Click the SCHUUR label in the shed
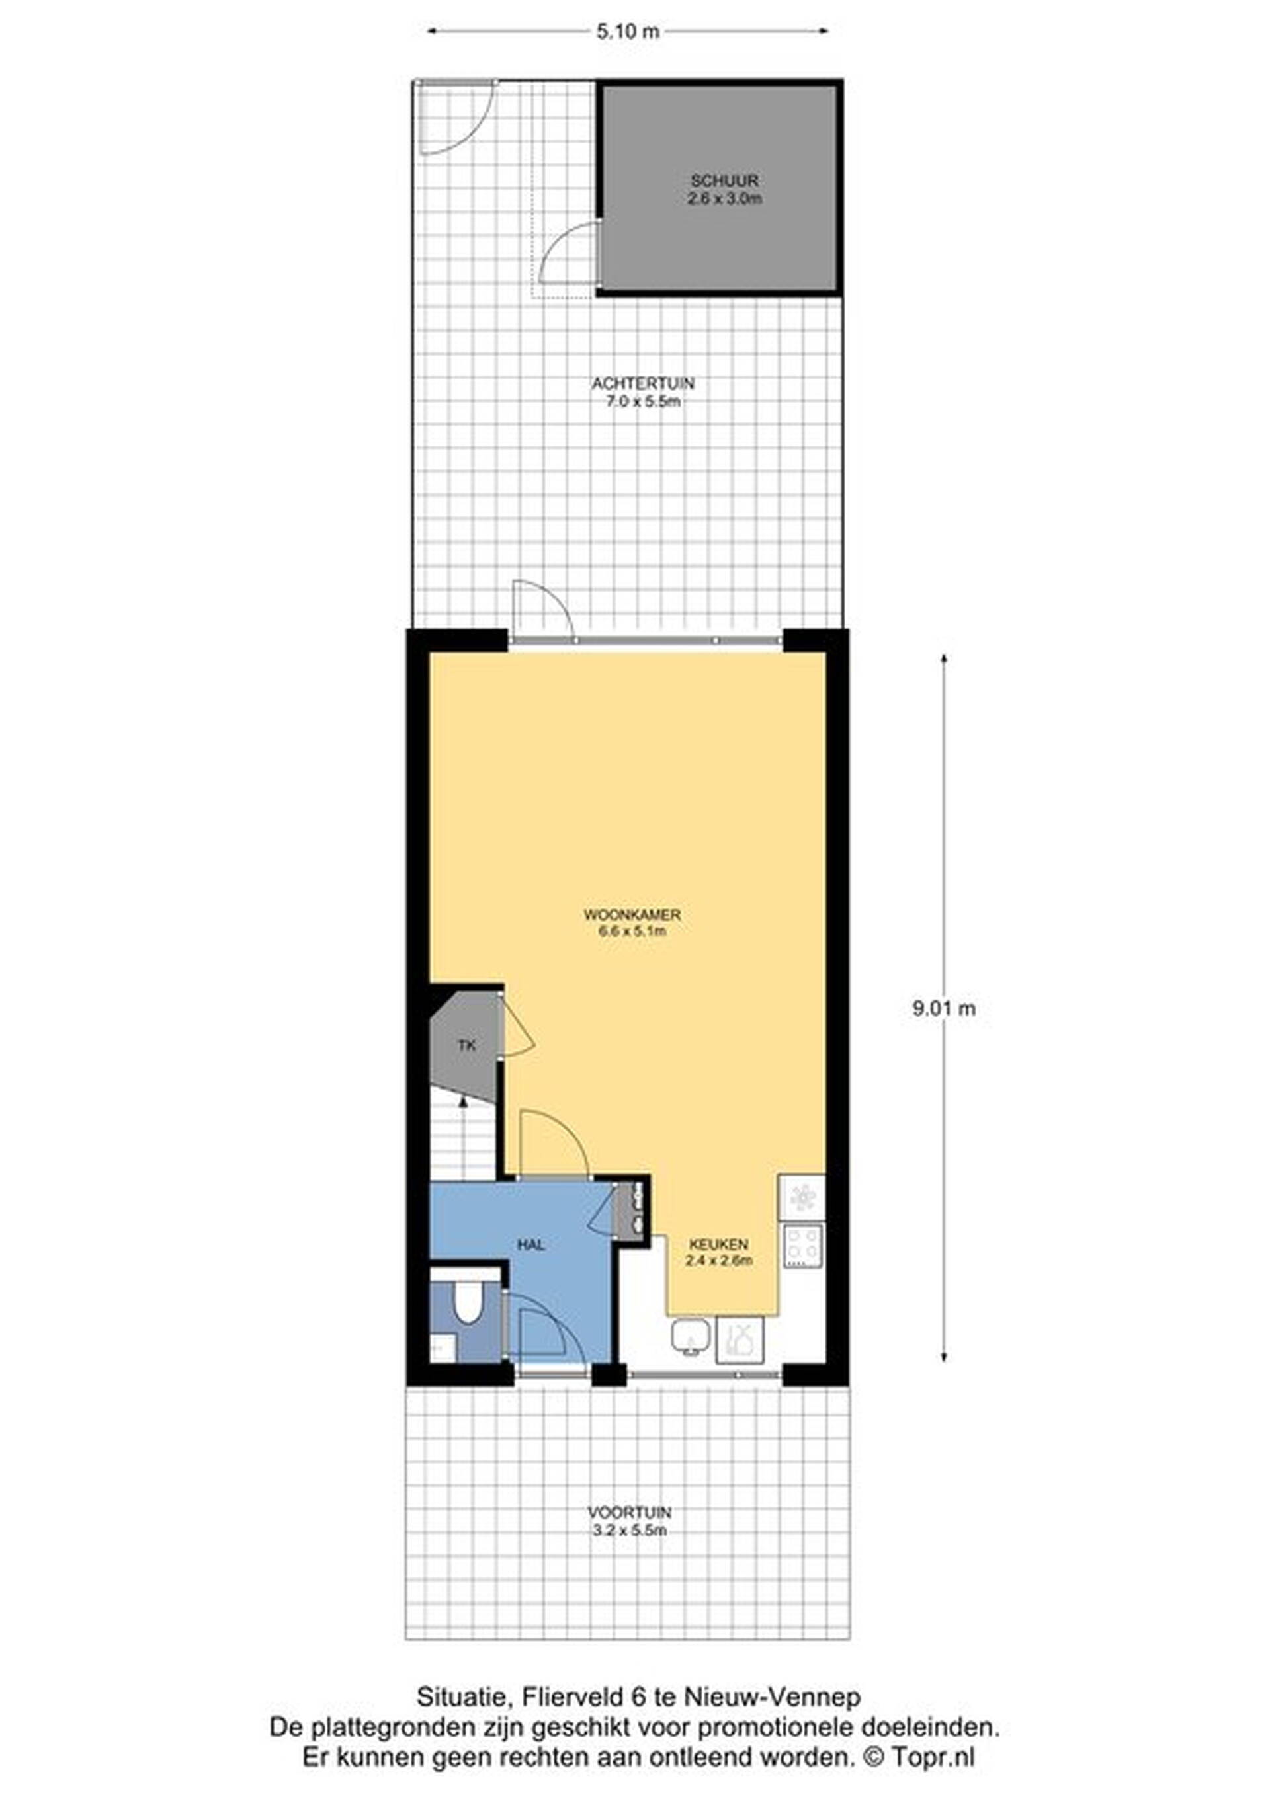coord(724,181)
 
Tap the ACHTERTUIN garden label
coord(643,384)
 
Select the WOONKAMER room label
coord(632,914)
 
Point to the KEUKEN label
coord(719,1244)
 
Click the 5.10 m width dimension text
coord(617,32)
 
